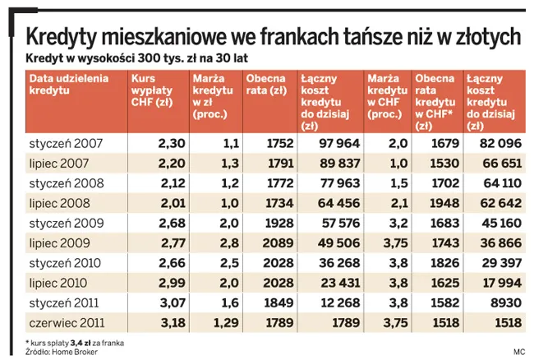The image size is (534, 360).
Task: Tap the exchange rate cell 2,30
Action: pos(168,144)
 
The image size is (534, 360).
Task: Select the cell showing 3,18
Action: pos(168,323)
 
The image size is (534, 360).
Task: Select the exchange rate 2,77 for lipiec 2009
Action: pos(168,243)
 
